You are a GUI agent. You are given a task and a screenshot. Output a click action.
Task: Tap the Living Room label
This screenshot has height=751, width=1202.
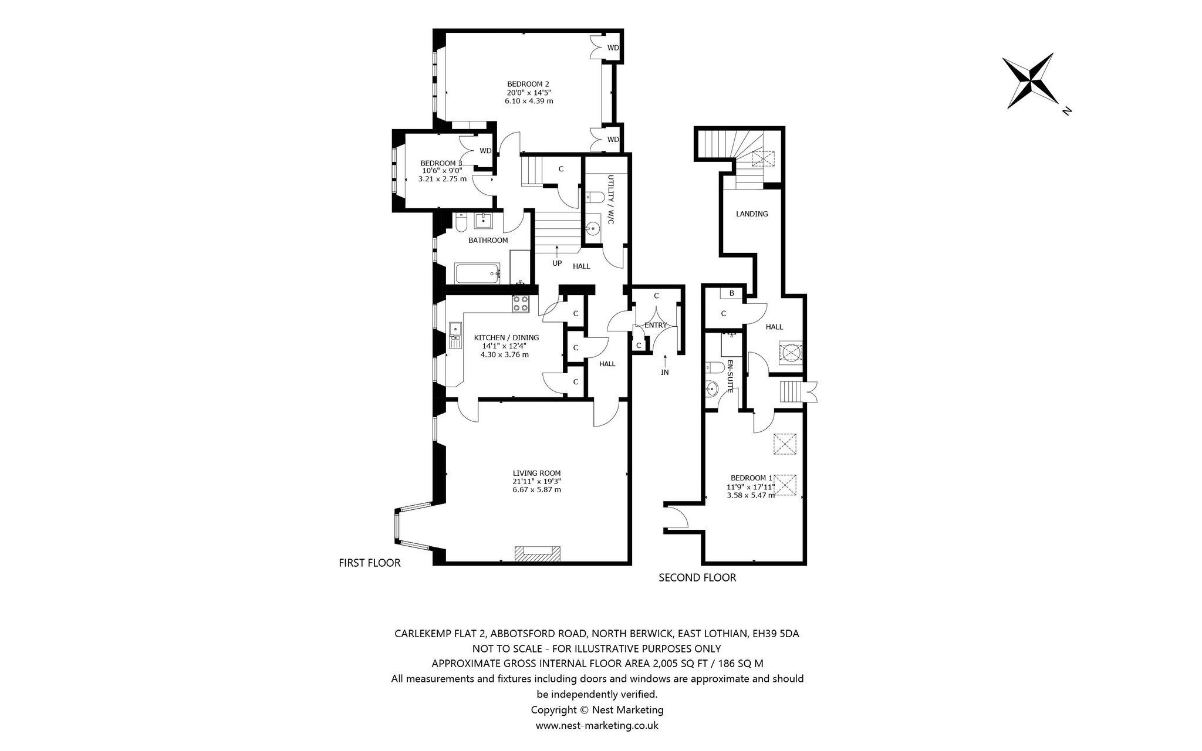pyautogui.click(x=536, y=473)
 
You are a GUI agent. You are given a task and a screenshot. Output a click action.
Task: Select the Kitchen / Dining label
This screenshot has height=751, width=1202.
pyautogui.click(x=507, y=337)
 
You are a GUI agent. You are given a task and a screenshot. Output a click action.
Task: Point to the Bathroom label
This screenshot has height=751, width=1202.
pyautogui.click(x=488, y=240)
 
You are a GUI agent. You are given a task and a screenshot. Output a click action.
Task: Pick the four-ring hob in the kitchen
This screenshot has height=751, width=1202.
pyautogui.click(x=521, y=303)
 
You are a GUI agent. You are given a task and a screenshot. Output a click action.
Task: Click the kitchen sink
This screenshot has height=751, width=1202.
pyautogui.click(x=455, y=335)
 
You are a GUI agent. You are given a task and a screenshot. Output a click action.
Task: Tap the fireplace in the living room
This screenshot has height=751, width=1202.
pyautogui.click(x=537, y=554)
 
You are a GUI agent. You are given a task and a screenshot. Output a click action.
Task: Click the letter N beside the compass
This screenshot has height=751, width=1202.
pyautogui.click(x=1066, y=110)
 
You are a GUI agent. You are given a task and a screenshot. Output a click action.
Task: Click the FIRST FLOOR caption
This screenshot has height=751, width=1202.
pyautogui.click(x=370, y=563)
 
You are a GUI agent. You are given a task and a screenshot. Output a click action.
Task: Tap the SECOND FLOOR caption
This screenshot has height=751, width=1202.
pyautogui.click(x=697, y=577)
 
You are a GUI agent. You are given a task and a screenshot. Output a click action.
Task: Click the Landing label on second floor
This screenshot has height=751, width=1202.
pyautogui.click(x=752, y=214)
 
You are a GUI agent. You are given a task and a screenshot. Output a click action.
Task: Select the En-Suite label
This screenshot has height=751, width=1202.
pyautogui.click(x=730, y=375)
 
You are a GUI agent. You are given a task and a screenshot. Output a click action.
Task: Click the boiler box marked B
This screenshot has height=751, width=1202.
pyautogui.click(x=732, y=293)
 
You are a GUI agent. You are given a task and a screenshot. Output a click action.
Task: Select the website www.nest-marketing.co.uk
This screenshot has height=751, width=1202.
pyautogui.click(x=597, y=725)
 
